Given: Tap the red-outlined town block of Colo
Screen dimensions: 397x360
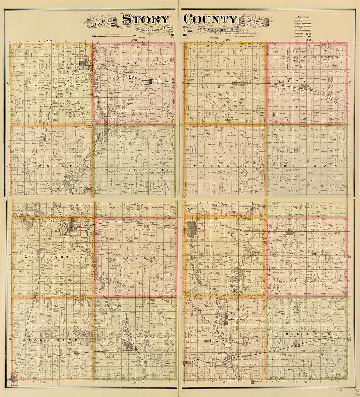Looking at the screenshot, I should click(289, 232).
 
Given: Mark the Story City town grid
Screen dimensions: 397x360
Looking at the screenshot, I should click(83, 62).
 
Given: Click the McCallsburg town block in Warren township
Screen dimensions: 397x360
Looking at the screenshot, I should click(236, 83).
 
